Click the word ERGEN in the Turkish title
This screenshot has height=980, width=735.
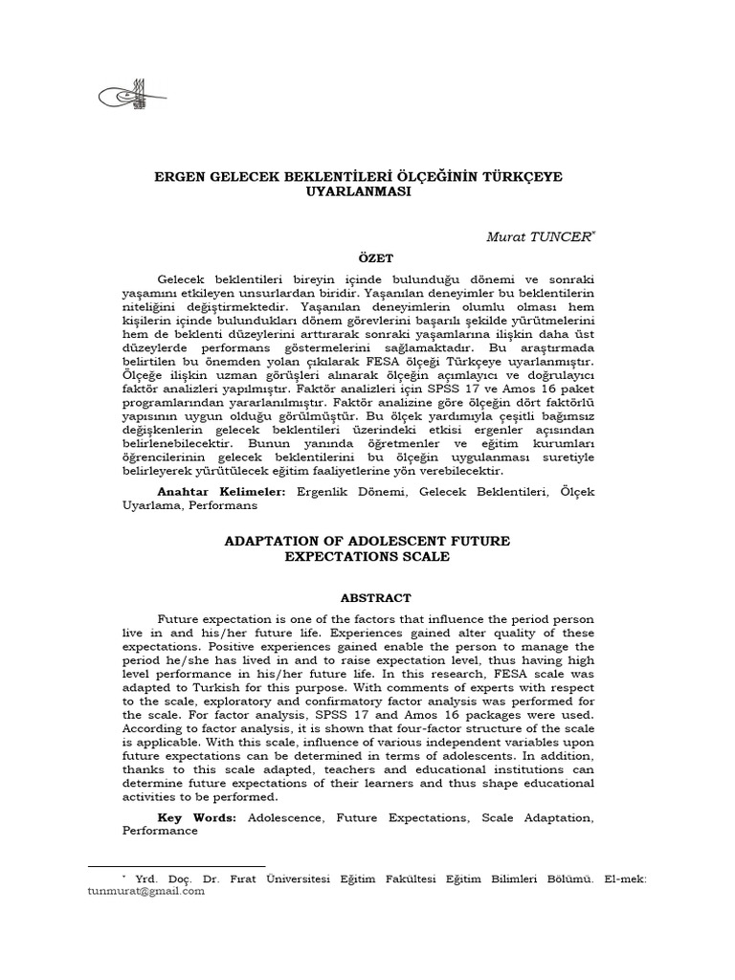[x=179, y=176]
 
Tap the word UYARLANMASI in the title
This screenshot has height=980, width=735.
[x=367, y=191]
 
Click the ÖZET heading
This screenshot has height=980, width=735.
[x=367, y=257]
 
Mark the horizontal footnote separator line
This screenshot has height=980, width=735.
[x=176, y=866]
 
